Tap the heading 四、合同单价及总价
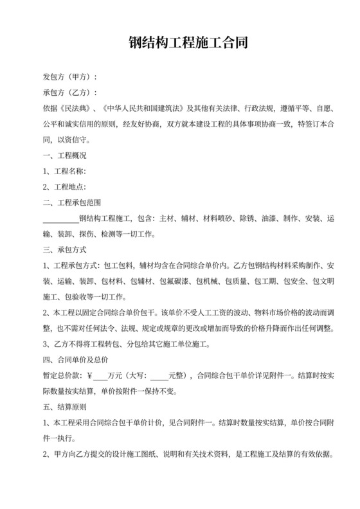tap(73, 361)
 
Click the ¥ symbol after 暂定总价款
tap(89, 377)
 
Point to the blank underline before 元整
tap(159, 377)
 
